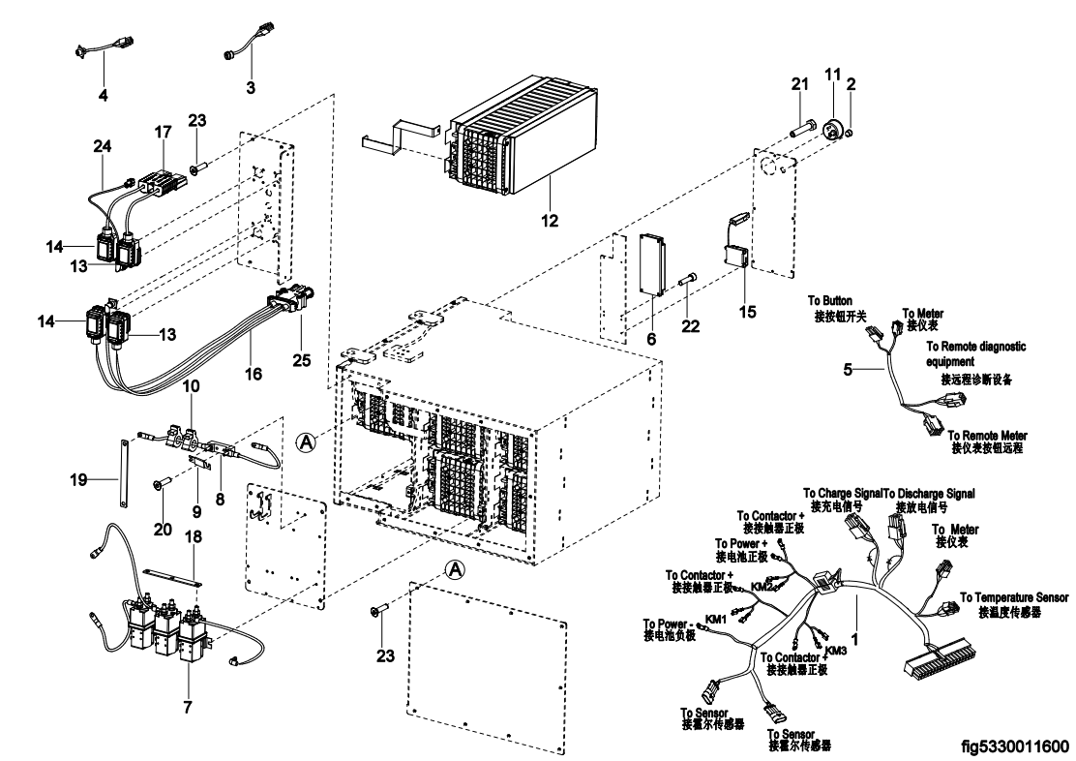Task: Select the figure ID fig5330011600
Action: [x=1015, y=746]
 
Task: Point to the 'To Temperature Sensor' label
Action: [x=1014, y=596]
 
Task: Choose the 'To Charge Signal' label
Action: [x=842, y=493]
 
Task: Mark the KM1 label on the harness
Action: [x=716, y=620]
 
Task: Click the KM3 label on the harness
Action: [x=837, y=651]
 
